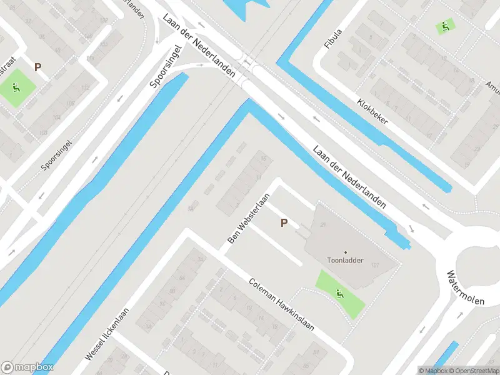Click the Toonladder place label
pyautogui.click(x=345, y=260)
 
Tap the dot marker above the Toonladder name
pyautogui.click(x=345, y=252)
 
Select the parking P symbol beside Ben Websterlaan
pyautogui.click(x=284, y=222)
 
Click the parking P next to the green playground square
pyautogui.click(x=37, y=67)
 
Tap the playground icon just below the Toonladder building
pyautogui.click(x=339, y=292)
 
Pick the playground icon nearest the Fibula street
pyautogui.click(x=444, y=26)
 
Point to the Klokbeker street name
pyautogui.click(x=372, y=111)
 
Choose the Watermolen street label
pyautogui.click(x=466, y=287)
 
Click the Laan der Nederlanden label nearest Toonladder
pyautogui.click(x=349, y=177)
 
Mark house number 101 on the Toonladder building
pyautogui.click(x=376, y=266)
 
